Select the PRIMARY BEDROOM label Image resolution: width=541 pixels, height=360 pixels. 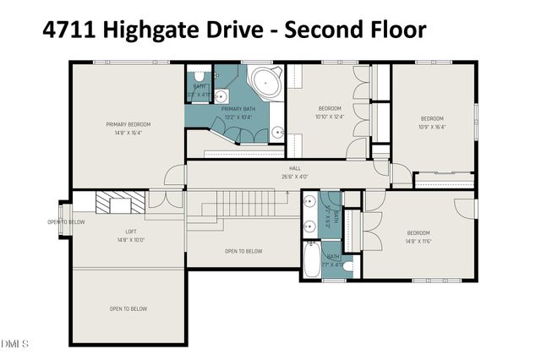point(128,124)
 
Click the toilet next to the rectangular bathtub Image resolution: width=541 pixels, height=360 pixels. point(347,264)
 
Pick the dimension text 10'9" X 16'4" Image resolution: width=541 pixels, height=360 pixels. point(432,127)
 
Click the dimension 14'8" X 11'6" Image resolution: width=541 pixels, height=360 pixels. point(418,241)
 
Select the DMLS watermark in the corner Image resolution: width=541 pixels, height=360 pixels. point(14,344)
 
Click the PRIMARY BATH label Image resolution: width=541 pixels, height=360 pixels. point(238,109)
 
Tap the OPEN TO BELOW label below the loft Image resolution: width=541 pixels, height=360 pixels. point(128,309)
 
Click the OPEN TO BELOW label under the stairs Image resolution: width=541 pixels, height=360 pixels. point(243,251)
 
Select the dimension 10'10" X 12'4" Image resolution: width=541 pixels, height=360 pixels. point(329,117)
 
